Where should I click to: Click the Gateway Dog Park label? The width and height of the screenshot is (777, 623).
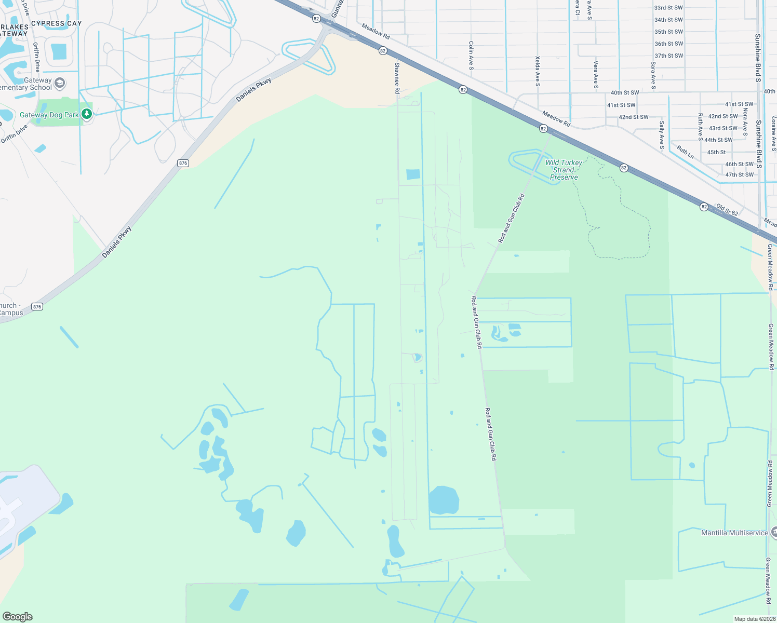[49, 115]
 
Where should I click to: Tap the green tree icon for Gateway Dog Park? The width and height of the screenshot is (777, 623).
[87, 114]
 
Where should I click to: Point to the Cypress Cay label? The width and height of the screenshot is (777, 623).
[57, 23]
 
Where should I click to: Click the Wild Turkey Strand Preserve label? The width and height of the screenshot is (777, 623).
[564, 170]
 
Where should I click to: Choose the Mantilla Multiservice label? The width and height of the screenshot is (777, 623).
[734, 533]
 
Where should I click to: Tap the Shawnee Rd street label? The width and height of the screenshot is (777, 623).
[397, 78]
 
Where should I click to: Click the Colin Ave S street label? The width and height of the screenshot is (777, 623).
[471, 56]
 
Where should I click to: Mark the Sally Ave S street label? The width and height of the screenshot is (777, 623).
[662, 135]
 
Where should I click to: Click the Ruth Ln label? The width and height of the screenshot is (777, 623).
[685, 152]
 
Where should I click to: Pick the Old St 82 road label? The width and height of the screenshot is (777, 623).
[727, 209]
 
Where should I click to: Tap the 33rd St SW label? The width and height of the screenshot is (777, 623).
[668, 8]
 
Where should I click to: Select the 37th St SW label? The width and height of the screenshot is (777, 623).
[668, 56]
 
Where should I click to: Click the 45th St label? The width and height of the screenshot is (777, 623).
[716, 153]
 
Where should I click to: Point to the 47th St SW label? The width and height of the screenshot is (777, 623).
[739, 175]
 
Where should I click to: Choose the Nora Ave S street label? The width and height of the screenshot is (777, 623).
[745, 119]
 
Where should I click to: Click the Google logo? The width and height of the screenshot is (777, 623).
[18, 616]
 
